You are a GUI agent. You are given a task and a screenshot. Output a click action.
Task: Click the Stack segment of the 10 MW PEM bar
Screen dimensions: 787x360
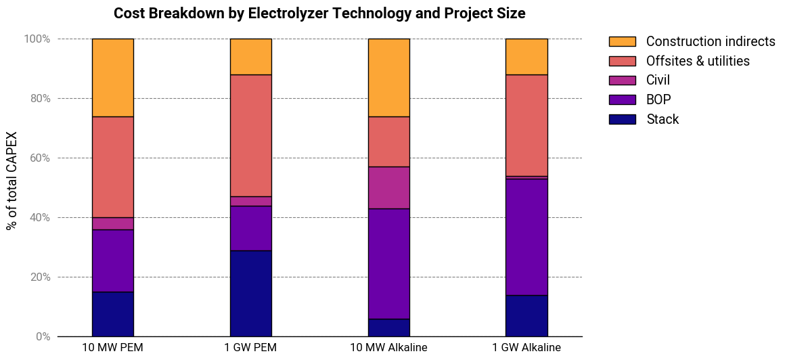(113, 314)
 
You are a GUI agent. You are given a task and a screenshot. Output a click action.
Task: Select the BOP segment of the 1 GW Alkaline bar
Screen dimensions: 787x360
(526, 237)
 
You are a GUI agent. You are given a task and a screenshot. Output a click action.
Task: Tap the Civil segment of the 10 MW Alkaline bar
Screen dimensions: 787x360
(389, 188)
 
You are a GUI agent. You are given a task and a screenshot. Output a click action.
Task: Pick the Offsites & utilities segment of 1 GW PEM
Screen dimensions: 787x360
(251, 135)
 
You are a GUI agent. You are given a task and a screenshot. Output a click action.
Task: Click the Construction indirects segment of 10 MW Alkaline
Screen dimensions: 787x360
(389, 78)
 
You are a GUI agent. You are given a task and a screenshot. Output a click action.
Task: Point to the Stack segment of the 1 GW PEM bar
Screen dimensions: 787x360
(251, 293)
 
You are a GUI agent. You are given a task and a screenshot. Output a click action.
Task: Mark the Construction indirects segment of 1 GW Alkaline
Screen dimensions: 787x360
(526, 57)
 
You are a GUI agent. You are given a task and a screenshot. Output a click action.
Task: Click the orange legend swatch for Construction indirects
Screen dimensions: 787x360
(623, 42)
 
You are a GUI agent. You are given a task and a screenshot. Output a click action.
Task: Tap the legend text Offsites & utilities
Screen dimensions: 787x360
(698, 61)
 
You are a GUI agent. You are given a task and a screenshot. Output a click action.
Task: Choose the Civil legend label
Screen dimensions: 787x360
(658, 81)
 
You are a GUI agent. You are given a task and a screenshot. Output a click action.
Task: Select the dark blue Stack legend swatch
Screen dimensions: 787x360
(623, 120)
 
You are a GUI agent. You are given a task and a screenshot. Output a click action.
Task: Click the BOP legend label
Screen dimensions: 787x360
(658, 100)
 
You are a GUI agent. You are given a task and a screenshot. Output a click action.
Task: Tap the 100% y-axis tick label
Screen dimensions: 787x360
(37, 39)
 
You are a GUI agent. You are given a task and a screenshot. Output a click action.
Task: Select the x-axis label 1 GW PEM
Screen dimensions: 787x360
(251, 348)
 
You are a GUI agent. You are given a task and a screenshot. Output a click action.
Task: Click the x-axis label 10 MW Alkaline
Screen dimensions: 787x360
(389, 348)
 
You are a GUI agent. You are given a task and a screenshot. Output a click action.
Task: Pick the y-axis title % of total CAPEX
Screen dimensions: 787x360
(12, 181)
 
